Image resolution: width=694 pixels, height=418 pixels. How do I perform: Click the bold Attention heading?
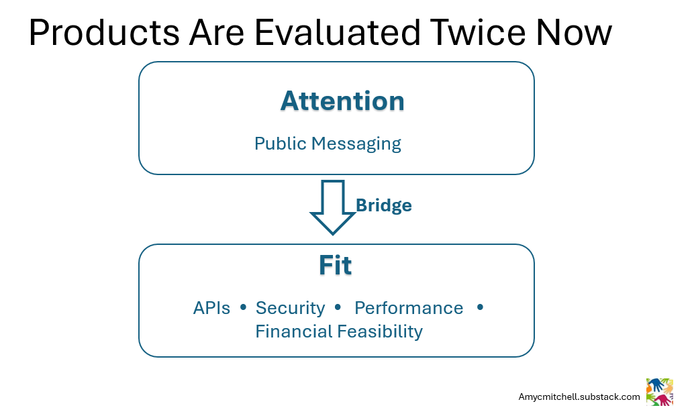pyautogui.click(x=342, y=101)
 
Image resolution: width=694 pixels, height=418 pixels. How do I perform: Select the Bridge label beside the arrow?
pyautogui.click(x=383, y=205)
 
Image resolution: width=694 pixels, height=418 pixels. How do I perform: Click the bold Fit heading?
pyautogui.click(x=335, y=266)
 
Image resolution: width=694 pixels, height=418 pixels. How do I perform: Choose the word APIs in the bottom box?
pyautogui.click(x=211, y=308)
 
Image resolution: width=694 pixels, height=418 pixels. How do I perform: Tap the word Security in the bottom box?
pyautogui.click(x=290, y=308)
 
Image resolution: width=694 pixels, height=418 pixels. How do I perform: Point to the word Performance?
pyautogui.click(x=409, y=308)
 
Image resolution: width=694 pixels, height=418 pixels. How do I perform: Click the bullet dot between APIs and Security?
pyautogui.click(x=243, y=307)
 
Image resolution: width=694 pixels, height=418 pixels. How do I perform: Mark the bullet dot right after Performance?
pyautogui.click(x=479, y=307)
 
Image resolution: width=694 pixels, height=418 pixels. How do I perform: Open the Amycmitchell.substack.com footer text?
pyautogui.click(x=579, y=397)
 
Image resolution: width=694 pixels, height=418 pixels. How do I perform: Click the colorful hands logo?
pyautogui.click(x=659, y=392)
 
